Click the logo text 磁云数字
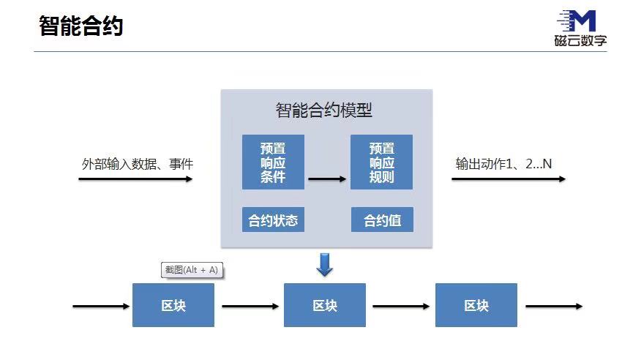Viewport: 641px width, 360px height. (580, 41)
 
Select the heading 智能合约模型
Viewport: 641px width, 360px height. (324, 110)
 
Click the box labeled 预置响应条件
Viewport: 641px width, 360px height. (273, 162)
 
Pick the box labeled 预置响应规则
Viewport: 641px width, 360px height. (381, 162)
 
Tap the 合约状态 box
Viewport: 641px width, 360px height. (273, 220)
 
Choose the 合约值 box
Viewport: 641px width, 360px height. (381, 220)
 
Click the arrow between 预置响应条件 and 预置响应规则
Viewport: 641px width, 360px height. (327, 178)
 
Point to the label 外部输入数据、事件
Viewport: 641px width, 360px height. (138, 164)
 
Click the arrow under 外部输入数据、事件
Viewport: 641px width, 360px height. (135, 179)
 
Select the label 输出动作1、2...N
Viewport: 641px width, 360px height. (503, 163)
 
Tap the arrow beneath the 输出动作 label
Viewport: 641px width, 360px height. (508, 179)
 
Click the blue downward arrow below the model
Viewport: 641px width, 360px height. (324, 265)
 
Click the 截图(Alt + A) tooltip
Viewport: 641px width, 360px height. (191, 270)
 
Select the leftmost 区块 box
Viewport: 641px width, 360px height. (173, 305)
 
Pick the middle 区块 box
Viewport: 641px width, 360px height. (325, 305)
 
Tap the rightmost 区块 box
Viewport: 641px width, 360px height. (476, 305)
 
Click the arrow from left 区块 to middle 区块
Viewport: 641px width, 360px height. (250, 306)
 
